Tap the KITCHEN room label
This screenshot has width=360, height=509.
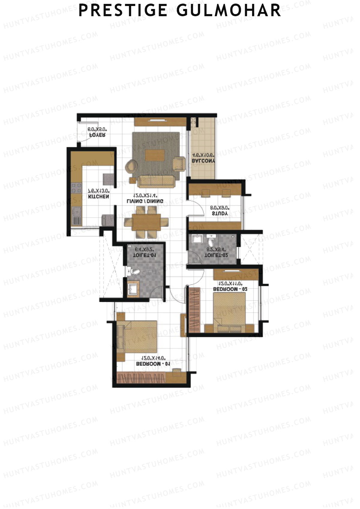[98, 197]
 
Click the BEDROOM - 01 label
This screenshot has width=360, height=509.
[153, 364]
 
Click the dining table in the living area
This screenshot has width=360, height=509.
[146, 222]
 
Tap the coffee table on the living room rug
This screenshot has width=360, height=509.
[155, 155]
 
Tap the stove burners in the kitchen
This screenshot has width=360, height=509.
[76, 188]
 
